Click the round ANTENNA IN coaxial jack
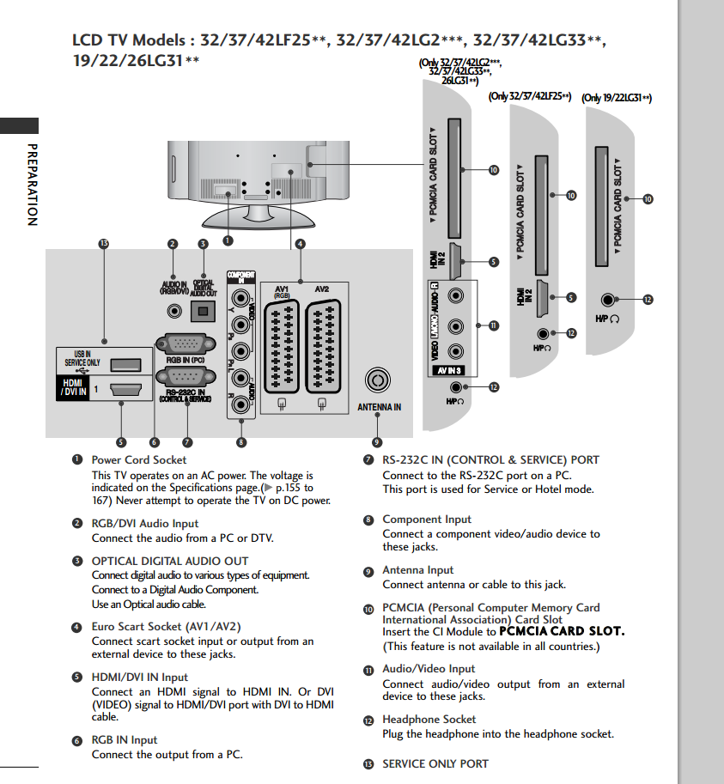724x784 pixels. tap(377, 380)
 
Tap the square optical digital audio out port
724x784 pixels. tap(204, 312)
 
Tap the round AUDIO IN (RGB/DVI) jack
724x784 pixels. tap(175, 312)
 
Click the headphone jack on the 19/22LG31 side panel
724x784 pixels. tap(609, 300)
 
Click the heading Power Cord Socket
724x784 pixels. tap(138, 460)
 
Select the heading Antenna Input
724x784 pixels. tap(417, 570)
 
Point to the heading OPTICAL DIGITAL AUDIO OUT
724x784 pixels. tap(170, 561)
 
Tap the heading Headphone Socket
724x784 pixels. tap(429, 720)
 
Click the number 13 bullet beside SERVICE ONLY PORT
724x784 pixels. tap(368, 764)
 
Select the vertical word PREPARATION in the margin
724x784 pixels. tap(32, 184)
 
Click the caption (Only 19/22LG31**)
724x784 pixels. tap(617, 98)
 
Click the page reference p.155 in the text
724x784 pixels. tap(290, 487)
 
